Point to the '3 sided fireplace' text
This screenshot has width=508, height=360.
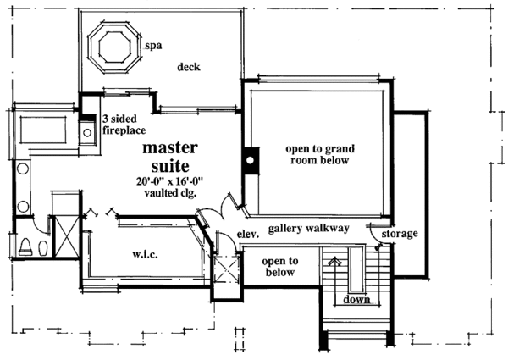tap(124, 125)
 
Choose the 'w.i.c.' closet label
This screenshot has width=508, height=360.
tap(141, 252)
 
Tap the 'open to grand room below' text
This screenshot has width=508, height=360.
tap(317, 153)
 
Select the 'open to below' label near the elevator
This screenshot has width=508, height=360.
tap(278, 266)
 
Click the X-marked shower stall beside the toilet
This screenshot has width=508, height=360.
tap(62, 235)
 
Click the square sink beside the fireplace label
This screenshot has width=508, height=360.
tap(87, 131)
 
